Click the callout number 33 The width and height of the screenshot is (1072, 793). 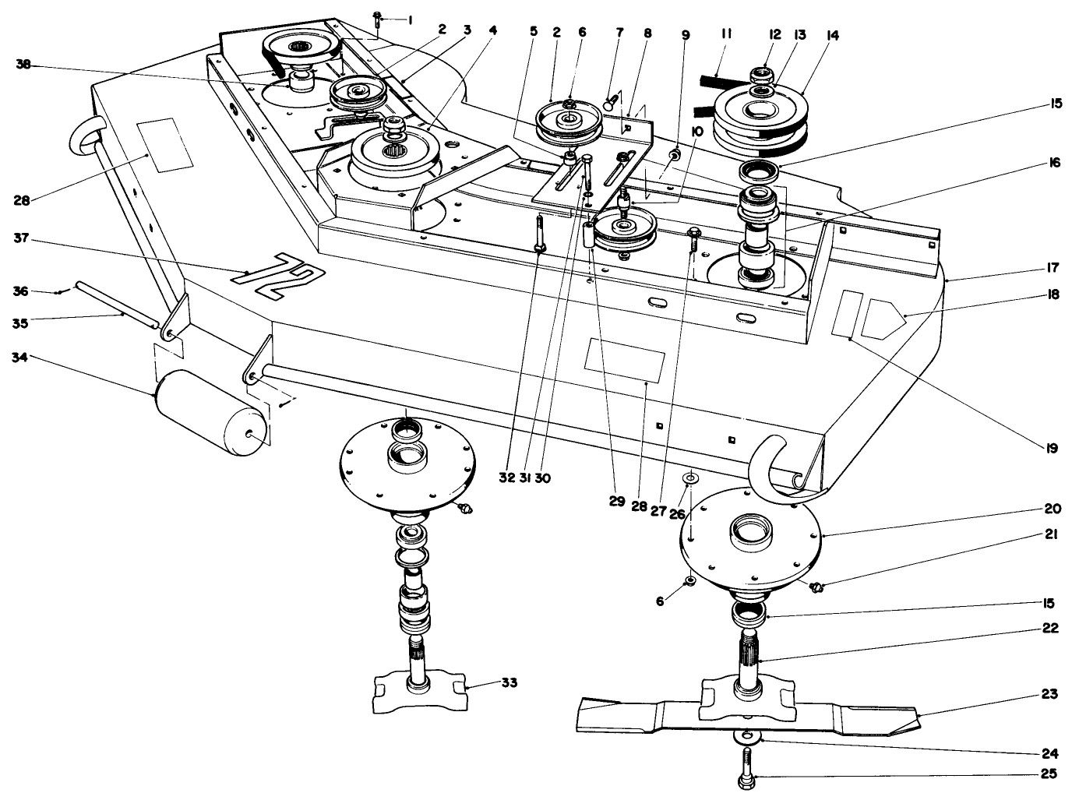pos(509,682)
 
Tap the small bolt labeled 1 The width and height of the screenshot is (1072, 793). pos(377,17)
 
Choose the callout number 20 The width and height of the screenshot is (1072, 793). pos(1052,509)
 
